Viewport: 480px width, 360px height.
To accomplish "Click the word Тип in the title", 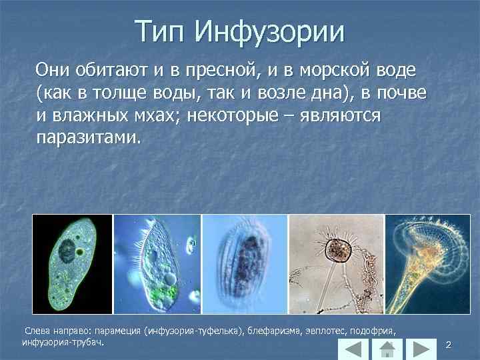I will pyautogui.click(x=160, y=31).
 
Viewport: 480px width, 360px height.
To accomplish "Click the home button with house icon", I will pyautogui.click(x=386, y=349).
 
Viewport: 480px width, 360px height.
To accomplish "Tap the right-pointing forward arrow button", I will pyautogui.click(x=419, y=349).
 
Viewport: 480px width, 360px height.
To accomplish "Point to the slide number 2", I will pyautogui.click(x=449, y=345).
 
